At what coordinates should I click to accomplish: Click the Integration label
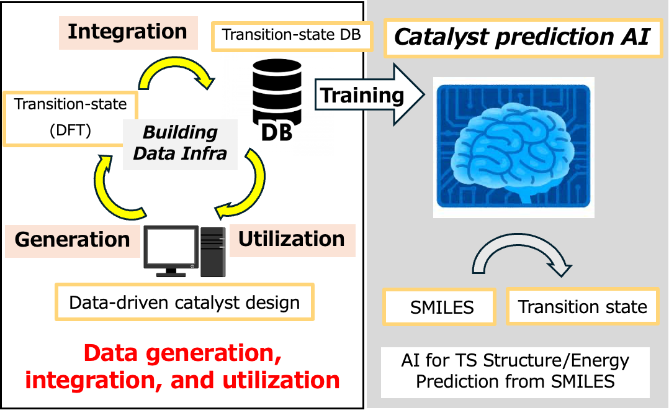tap(128, 32)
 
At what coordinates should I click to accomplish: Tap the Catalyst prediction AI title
tap(523, 37)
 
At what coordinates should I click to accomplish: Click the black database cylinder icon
tap(277, 92)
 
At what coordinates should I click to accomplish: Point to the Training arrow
tap(369, 95)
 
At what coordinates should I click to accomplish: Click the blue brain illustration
tap(513, 147)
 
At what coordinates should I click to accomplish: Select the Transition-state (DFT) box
tap(70, 118)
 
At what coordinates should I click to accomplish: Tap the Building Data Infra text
tap(180, 143)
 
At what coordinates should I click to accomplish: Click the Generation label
tap(73, 240)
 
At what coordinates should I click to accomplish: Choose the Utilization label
tap(292, 240)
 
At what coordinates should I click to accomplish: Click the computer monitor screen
tap(171, 248)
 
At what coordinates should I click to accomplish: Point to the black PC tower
tap(213, 252)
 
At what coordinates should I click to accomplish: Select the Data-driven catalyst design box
tap(184, 303)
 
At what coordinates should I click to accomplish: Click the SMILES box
tap(439, 307)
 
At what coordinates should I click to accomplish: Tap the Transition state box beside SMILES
tap(582, 307)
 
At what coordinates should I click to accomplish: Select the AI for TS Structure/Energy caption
tap(515, 371)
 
